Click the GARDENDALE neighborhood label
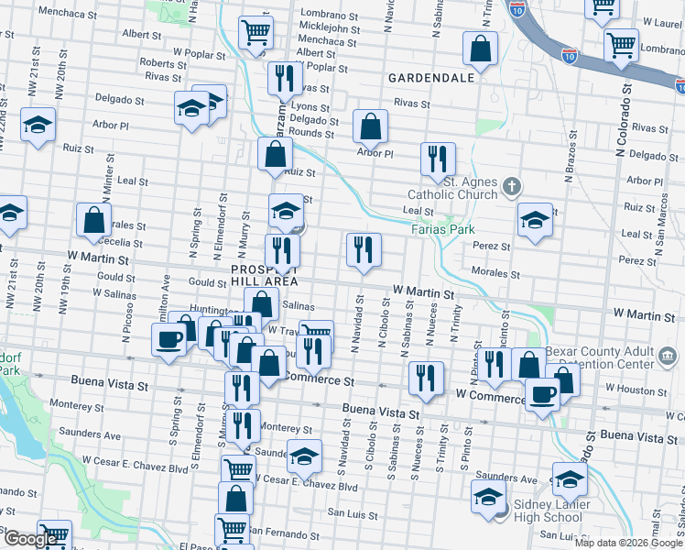[430, 78]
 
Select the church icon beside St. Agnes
[511, 189]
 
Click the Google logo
[30, 538]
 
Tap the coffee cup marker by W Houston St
[542, 394]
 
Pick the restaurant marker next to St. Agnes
[438, 159]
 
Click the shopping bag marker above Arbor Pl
[370, 126]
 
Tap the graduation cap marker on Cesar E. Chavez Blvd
[304, 455]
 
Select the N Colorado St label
[627, 115]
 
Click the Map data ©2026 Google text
[626, 543]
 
